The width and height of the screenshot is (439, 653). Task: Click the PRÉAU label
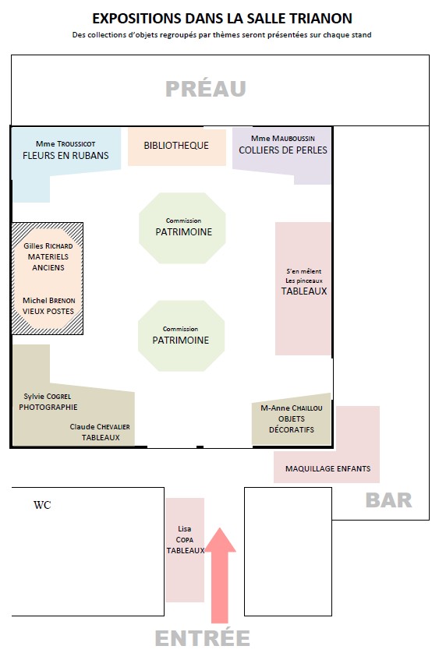[x=206, y=88]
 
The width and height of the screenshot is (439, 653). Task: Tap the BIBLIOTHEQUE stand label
[x=176, y=146]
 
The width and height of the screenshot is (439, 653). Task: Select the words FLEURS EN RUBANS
[x=65, y=155]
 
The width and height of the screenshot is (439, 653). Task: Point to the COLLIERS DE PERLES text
[x=283, y=150]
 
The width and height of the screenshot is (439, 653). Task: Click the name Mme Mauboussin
[x=283, y=138]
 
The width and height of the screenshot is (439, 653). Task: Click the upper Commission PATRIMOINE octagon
[x=182, y=228]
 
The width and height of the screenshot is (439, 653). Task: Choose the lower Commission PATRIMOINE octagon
[x=182, y=336]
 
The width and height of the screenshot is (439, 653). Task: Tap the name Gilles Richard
[x=48, y=245]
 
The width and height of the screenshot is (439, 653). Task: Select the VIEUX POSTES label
[x=48, y=311]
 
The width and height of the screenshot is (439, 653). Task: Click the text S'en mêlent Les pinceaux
[x=304, y=276]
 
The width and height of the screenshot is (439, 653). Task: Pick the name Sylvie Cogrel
[x=47, y=396]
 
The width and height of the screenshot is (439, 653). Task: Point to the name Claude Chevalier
[x=100, y=426]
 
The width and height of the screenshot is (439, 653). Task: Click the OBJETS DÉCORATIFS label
[x=292, y=424]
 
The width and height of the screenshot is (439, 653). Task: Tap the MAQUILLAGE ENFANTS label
[x=327, y=468]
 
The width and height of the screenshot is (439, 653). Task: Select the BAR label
[x=388, y=500]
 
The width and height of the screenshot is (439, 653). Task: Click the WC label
[x=42, y=505]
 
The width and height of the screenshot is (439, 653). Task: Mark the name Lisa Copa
[x=185, y=534]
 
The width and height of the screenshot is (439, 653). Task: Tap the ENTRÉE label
[x=203, y=638]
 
